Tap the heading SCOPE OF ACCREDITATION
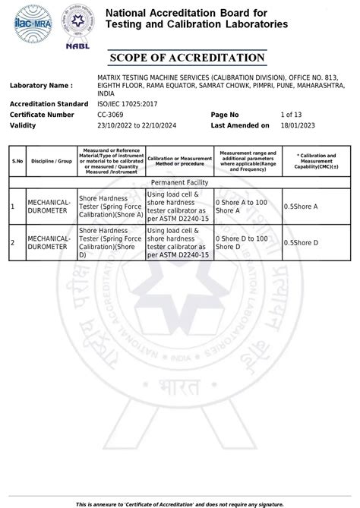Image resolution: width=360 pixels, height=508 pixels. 188,58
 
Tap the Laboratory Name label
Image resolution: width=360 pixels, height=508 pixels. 42,86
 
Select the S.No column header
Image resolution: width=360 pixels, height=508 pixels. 17,161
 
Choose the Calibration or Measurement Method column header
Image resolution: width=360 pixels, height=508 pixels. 175,161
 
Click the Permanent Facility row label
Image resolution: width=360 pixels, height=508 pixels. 179,183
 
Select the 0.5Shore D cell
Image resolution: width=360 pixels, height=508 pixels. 301,242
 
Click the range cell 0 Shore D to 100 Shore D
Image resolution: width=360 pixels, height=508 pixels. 241,242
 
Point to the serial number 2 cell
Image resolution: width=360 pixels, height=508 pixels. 13,242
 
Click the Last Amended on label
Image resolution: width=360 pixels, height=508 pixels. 239,125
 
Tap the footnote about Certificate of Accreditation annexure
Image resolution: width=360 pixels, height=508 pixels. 186,503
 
